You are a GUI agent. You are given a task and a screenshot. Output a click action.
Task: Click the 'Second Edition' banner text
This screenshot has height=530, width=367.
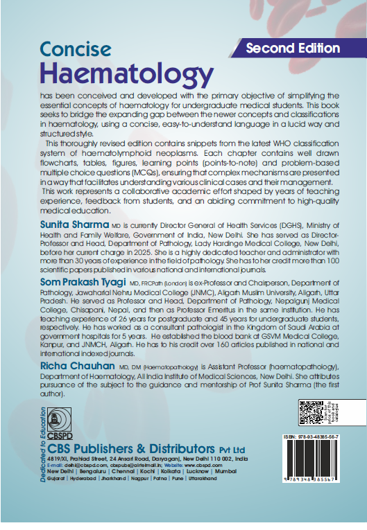(x=293, y=48)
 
